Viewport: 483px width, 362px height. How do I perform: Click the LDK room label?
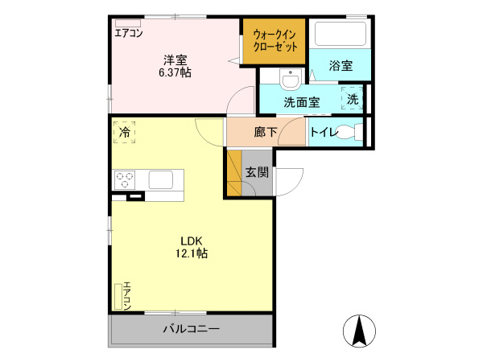191,241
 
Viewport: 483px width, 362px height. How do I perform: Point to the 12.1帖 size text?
191,253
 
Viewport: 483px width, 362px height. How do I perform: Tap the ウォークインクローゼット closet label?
275,41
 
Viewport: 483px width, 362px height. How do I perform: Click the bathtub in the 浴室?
339,34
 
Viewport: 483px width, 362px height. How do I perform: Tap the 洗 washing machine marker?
353,99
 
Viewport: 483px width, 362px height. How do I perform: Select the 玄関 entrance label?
257,171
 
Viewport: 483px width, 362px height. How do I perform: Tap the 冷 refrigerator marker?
125,130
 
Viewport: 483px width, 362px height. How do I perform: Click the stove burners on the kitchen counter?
125,179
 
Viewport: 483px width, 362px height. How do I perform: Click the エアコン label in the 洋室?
129,33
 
